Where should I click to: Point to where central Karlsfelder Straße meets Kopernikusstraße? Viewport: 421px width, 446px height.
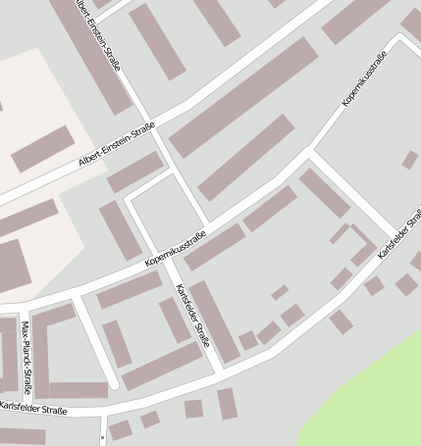point(165,258)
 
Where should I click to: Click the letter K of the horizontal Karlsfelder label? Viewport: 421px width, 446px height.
point(3,406)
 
